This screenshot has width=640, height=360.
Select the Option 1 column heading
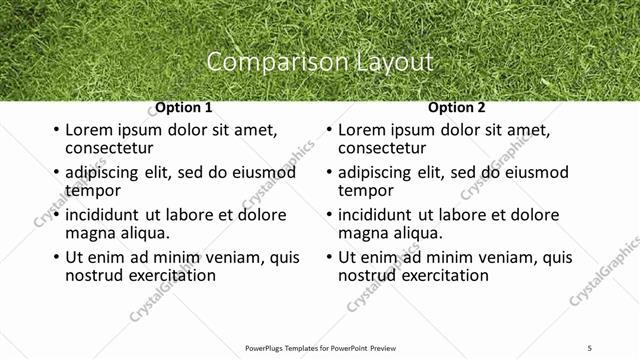pyautogui.click(x=183, y=108)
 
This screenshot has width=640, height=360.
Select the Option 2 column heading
pyautogui.click(x=456, y=108)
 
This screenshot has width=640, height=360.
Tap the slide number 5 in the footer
pyautogui.click(x=589, y=347)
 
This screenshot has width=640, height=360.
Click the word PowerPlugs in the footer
pyautogui.click(x=268, y=347)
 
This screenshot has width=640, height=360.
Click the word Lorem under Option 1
pyautogui.click(x=89, y=130)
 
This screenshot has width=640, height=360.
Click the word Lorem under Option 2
pyautogui.click(x=362, y=130)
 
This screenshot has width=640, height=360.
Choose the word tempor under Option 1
pyautogui.click(x=93, y=191)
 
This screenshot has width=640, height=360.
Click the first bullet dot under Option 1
pyautogui.click(x=55, y=131)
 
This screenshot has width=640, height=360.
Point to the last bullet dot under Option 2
pyautogui.click(x=328, y=258)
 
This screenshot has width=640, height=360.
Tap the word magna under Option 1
pyautogui.click(x=89, y=233)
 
